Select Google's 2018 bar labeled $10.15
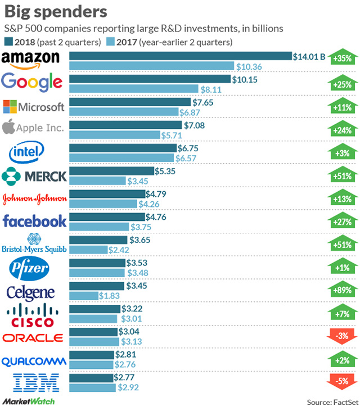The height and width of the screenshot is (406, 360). [150, 79]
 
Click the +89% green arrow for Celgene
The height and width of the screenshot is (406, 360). [342, 291]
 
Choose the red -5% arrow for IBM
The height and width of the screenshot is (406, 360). [342, 382]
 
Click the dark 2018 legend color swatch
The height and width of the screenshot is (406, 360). [8, 42]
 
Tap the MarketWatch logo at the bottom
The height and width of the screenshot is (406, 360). [28, 400]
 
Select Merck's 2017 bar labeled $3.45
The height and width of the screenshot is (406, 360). [97, 181]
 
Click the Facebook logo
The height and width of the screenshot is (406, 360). [34, 221]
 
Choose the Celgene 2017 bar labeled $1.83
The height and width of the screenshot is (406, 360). [83, 296]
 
